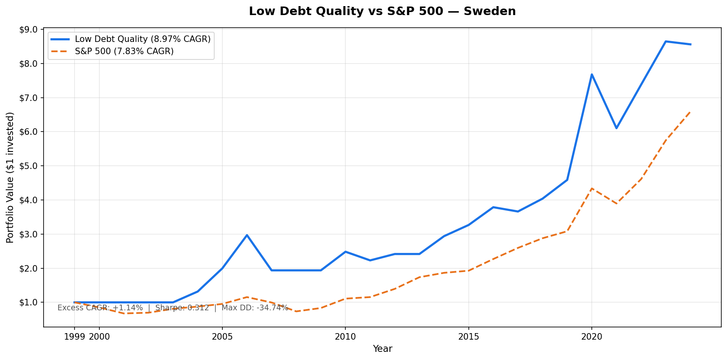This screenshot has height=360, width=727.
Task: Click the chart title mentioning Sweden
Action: [382, 11]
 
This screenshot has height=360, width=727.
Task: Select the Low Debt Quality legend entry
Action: [143, 39]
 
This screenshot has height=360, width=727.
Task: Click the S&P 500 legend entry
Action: [124, 51]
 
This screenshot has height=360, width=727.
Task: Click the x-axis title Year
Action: [382, 349]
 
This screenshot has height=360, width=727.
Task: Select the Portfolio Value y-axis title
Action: [10, 178]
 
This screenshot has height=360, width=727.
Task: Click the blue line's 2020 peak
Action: [592, 75]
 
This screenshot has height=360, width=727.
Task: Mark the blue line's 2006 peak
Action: [247, 235]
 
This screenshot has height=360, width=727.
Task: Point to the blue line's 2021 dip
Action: [616, 128]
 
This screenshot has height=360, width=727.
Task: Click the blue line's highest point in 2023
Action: [666, 41]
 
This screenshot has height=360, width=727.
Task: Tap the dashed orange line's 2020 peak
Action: [592, 189]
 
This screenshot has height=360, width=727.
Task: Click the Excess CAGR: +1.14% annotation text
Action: [100, 308]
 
